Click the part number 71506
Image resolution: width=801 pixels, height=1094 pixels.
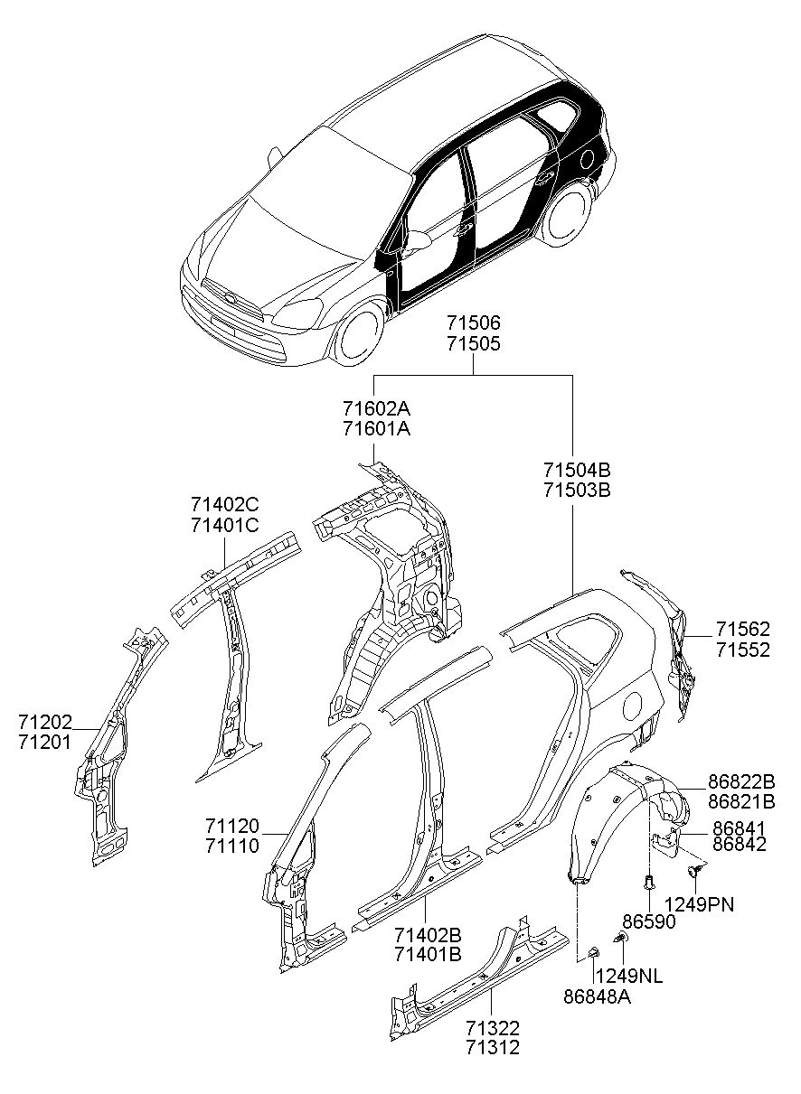tap(473, 323)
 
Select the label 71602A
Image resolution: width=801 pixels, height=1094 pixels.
tap(376, 407)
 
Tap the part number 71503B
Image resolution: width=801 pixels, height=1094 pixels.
tap(577, 491)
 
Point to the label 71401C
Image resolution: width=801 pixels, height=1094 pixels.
tap(225, 526)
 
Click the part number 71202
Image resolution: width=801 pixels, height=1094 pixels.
tap(45, 722)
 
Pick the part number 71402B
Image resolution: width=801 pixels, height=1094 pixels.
tap(428, 935)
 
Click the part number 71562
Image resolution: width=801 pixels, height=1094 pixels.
tap(743, 629)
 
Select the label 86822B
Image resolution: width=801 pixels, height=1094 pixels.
tap(742, 782)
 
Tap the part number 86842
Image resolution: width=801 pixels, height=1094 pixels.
tap(740, 844)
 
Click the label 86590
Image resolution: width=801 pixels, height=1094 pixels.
tap(649, 921)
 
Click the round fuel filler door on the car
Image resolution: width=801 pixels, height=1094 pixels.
tap(585, 158)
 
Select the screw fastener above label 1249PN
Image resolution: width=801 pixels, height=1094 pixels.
tap(695, 870)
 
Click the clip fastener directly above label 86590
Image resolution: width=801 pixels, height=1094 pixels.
tap(649, 880)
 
